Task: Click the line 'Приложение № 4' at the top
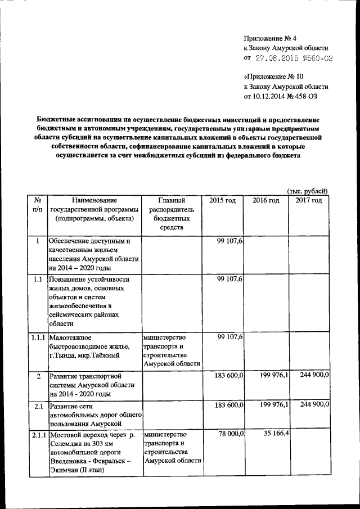pos(271,38)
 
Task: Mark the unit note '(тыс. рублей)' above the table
pos(307,191)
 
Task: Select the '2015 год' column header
pos(222,201)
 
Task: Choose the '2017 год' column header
pos(308,201)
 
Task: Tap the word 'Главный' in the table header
pos(172,201)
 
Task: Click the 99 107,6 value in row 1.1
pos(229,280)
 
